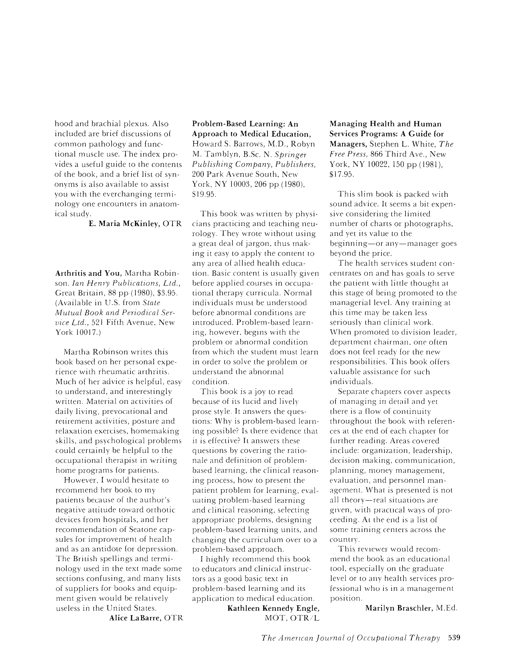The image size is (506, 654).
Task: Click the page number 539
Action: point(454,638)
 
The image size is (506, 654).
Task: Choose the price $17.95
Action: point(342,175)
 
